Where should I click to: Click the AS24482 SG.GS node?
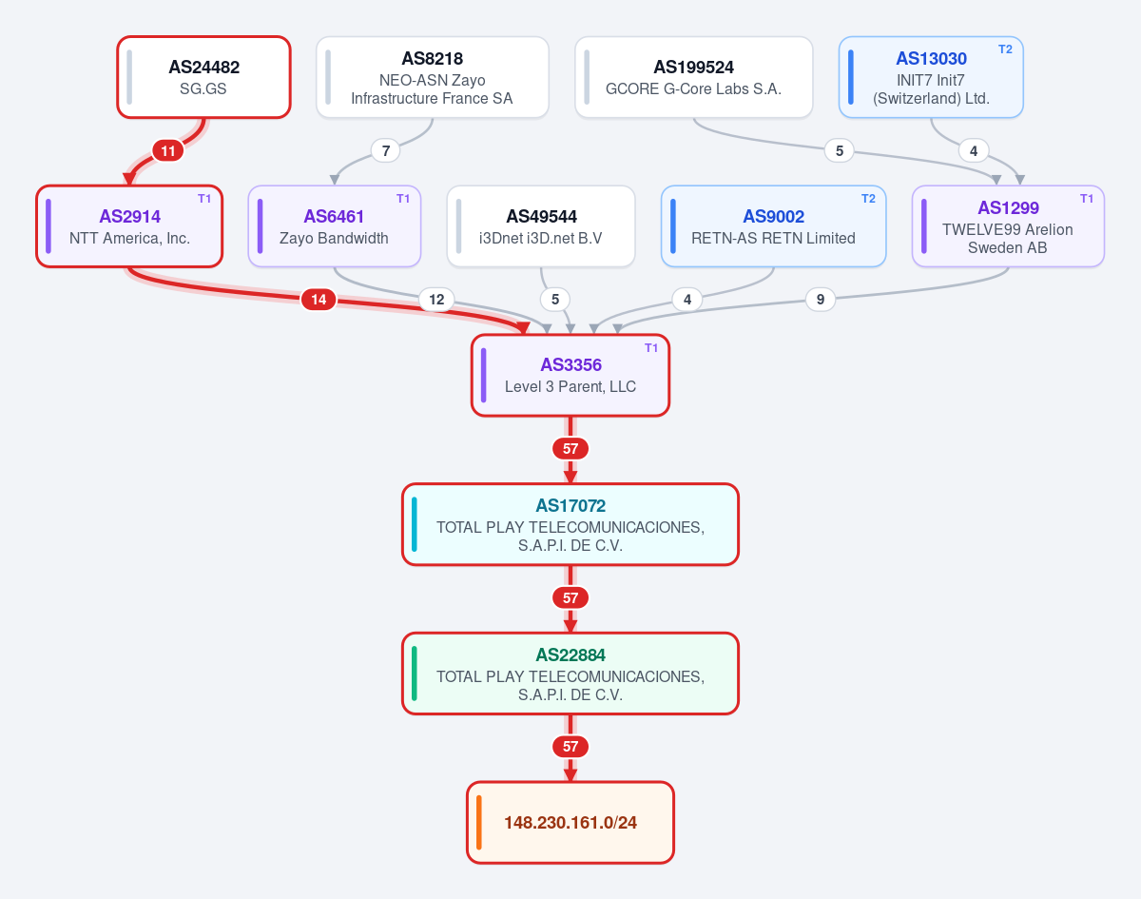203,77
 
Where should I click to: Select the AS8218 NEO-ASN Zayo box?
432,77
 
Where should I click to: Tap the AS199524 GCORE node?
693,77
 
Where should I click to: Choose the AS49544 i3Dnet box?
541,226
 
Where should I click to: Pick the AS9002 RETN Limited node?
773,226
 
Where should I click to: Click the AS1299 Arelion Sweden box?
1008,226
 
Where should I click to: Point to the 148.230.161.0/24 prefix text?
570,823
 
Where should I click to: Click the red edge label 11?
168,150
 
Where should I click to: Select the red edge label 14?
319,300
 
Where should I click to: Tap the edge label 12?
436,300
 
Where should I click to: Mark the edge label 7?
386,150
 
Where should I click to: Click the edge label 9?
821,300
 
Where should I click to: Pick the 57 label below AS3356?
570,448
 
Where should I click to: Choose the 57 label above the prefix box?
570,746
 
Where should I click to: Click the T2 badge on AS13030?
1005,49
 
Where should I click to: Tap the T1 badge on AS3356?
651,347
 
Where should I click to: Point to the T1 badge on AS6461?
403,199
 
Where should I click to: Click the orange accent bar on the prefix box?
479,823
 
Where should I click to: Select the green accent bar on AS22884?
415,674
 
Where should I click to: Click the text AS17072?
570,505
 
